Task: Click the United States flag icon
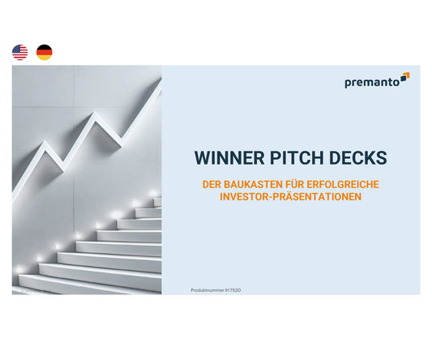[20, 53]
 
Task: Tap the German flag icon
[44, 53]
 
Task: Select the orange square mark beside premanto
[404, 77]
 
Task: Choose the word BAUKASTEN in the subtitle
[249, 185]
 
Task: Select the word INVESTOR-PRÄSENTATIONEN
[290, 197]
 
